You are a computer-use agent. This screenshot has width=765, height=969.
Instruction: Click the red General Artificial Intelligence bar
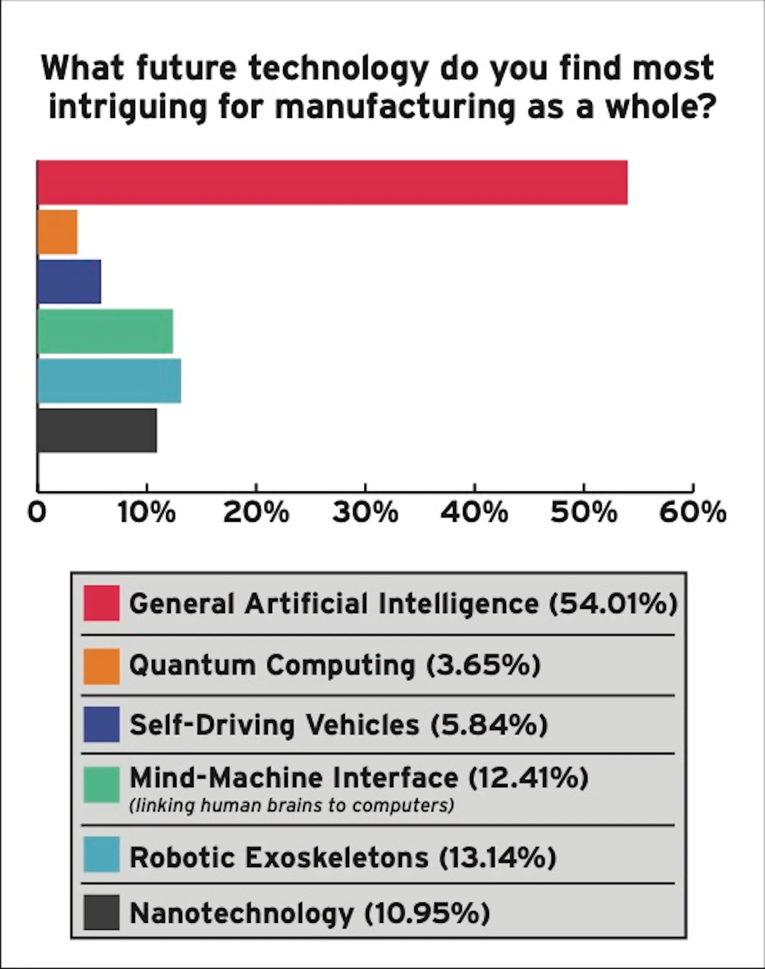click(332, 182)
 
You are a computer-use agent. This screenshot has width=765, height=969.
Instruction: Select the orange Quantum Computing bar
click(57, 232)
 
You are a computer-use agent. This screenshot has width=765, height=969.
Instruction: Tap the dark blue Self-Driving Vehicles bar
click(69, 282)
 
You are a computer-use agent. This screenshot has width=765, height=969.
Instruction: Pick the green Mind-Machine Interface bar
click(105, 331)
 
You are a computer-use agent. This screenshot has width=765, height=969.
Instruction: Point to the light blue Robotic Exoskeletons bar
click(109, 381)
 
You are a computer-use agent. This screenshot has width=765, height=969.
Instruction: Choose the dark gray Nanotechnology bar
click(97, 430)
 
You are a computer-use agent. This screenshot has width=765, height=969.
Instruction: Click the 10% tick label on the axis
click(146, 513)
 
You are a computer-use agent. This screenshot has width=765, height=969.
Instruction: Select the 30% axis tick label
click(365, 513)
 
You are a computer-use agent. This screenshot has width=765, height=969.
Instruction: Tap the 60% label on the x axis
click(692, 513)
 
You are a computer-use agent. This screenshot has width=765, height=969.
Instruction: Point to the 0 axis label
click(37, 513)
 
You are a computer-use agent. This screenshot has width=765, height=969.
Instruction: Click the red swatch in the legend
click(101, 603)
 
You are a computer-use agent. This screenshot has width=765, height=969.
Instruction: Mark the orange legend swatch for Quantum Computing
click(101, 666)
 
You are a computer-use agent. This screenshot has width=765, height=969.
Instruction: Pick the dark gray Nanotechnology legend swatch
click(101, 913)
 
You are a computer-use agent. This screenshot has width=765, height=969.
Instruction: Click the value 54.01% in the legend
click(613, 604)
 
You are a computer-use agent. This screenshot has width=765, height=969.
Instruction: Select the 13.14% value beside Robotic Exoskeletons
click(498, 857)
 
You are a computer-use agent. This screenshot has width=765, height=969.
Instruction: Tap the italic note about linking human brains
click(292, 805)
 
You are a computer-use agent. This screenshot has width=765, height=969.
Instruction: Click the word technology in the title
click(338, 68)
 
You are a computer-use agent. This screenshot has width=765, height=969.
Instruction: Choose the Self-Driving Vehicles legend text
click(274, 725)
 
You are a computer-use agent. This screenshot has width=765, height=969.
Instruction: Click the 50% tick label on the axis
click(583, 513)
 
